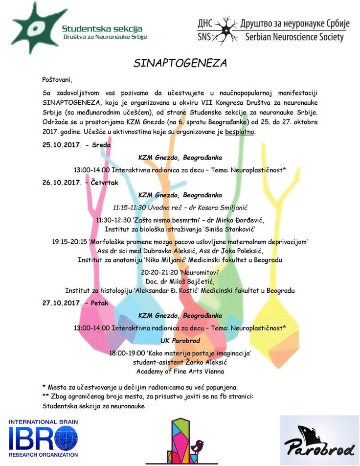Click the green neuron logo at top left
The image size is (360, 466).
(33, 26)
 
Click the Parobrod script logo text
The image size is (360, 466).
(319, 447)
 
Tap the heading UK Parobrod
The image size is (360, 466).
(180, 340)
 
